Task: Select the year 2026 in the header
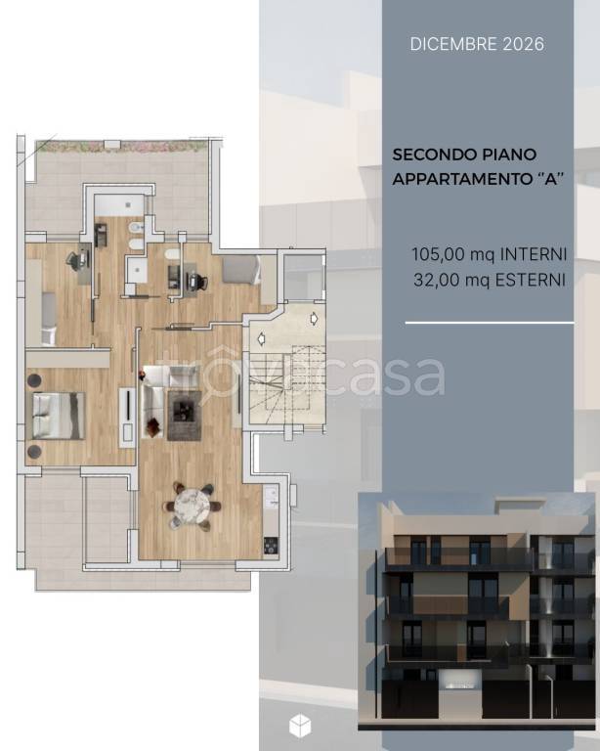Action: (x=524, y=44)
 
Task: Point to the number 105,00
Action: (x=439, y=254)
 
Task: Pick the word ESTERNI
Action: (x=530, y=280)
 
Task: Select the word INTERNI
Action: (x=533, y=254)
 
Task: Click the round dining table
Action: (x=192, y=506)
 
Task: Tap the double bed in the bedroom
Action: (x=59, y=416)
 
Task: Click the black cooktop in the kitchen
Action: (x=271, y=546)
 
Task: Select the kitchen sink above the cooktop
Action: (x=272, y=496)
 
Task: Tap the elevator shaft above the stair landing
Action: (x=303, y=277)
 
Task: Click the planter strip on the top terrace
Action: (x=122, y=146)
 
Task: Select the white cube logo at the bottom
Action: (x=300, y=726)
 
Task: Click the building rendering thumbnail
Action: (x=477, y=612)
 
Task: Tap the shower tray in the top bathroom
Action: (x=119, y=204)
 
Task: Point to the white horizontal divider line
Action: (x=490, y=323)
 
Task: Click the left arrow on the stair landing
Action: (x=261, y=339)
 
